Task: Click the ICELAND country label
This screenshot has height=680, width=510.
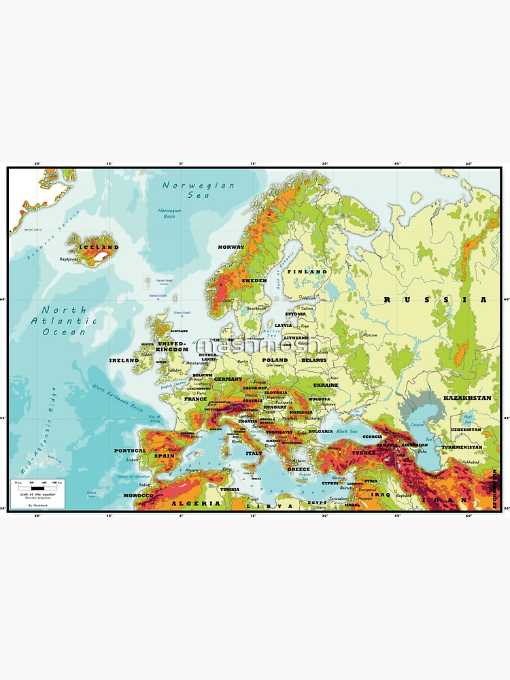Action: pyautogui.click(x=99, y=247)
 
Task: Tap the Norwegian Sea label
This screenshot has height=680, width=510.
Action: pyautogui.click(x=198, y=190)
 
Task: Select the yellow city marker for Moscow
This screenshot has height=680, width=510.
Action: pyautogui.click(x=360, y=335)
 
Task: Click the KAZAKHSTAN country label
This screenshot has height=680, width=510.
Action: pyautogui.click(x=466, y=397)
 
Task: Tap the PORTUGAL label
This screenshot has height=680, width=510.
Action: pyautogui.click(x=129, y=451)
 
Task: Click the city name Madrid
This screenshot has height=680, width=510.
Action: pyautogui.click(x=175, y=449)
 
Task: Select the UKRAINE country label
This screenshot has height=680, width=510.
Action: pyautogui.click(x=325, y=385)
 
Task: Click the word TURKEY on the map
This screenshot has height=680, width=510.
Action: pyautogui.click(x=364, y=452)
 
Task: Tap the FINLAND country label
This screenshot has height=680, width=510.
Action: pyautogui.click(x=306, y=271)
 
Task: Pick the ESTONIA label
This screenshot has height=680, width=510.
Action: pyautogui.click(x=295, y=314)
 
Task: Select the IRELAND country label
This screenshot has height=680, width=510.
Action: pyautogui.click(x=123, y=360)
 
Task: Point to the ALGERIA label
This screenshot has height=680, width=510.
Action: pyautogui.click(x=197, y=504)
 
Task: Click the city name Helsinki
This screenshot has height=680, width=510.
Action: pyautogui.click(x=309, y=298)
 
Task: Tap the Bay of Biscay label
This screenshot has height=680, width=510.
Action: pyautogui.click(x=154, y=419)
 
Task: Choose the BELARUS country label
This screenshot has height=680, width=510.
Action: pyautogui.click(x=313, y=360)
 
